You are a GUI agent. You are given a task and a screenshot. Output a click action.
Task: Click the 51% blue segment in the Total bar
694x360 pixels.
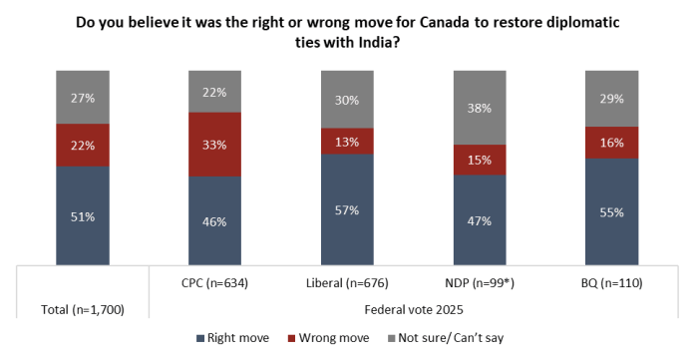[83, 215]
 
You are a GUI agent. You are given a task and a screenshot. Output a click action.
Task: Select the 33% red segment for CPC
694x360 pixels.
[214, 145]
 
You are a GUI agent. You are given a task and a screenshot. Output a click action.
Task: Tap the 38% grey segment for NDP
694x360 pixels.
[480, 108]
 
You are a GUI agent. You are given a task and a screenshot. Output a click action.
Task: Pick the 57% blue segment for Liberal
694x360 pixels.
[347, 210]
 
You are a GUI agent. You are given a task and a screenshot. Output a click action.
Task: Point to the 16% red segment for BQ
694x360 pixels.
[611, 143]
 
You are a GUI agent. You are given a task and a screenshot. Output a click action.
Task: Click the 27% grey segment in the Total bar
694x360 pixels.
[83, 98]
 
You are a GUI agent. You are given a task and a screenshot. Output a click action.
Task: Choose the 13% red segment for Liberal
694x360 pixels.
[347, 142]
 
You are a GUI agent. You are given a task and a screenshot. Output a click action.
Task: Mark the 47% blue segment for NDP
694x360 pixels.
[480, 220]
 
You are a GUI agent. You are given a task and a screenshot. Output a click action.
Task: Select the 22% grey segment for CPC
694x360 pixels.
[214, 92]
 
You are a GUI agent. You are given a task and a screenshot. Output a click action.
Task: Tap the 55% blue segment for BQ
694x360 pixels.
[611, 212]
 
